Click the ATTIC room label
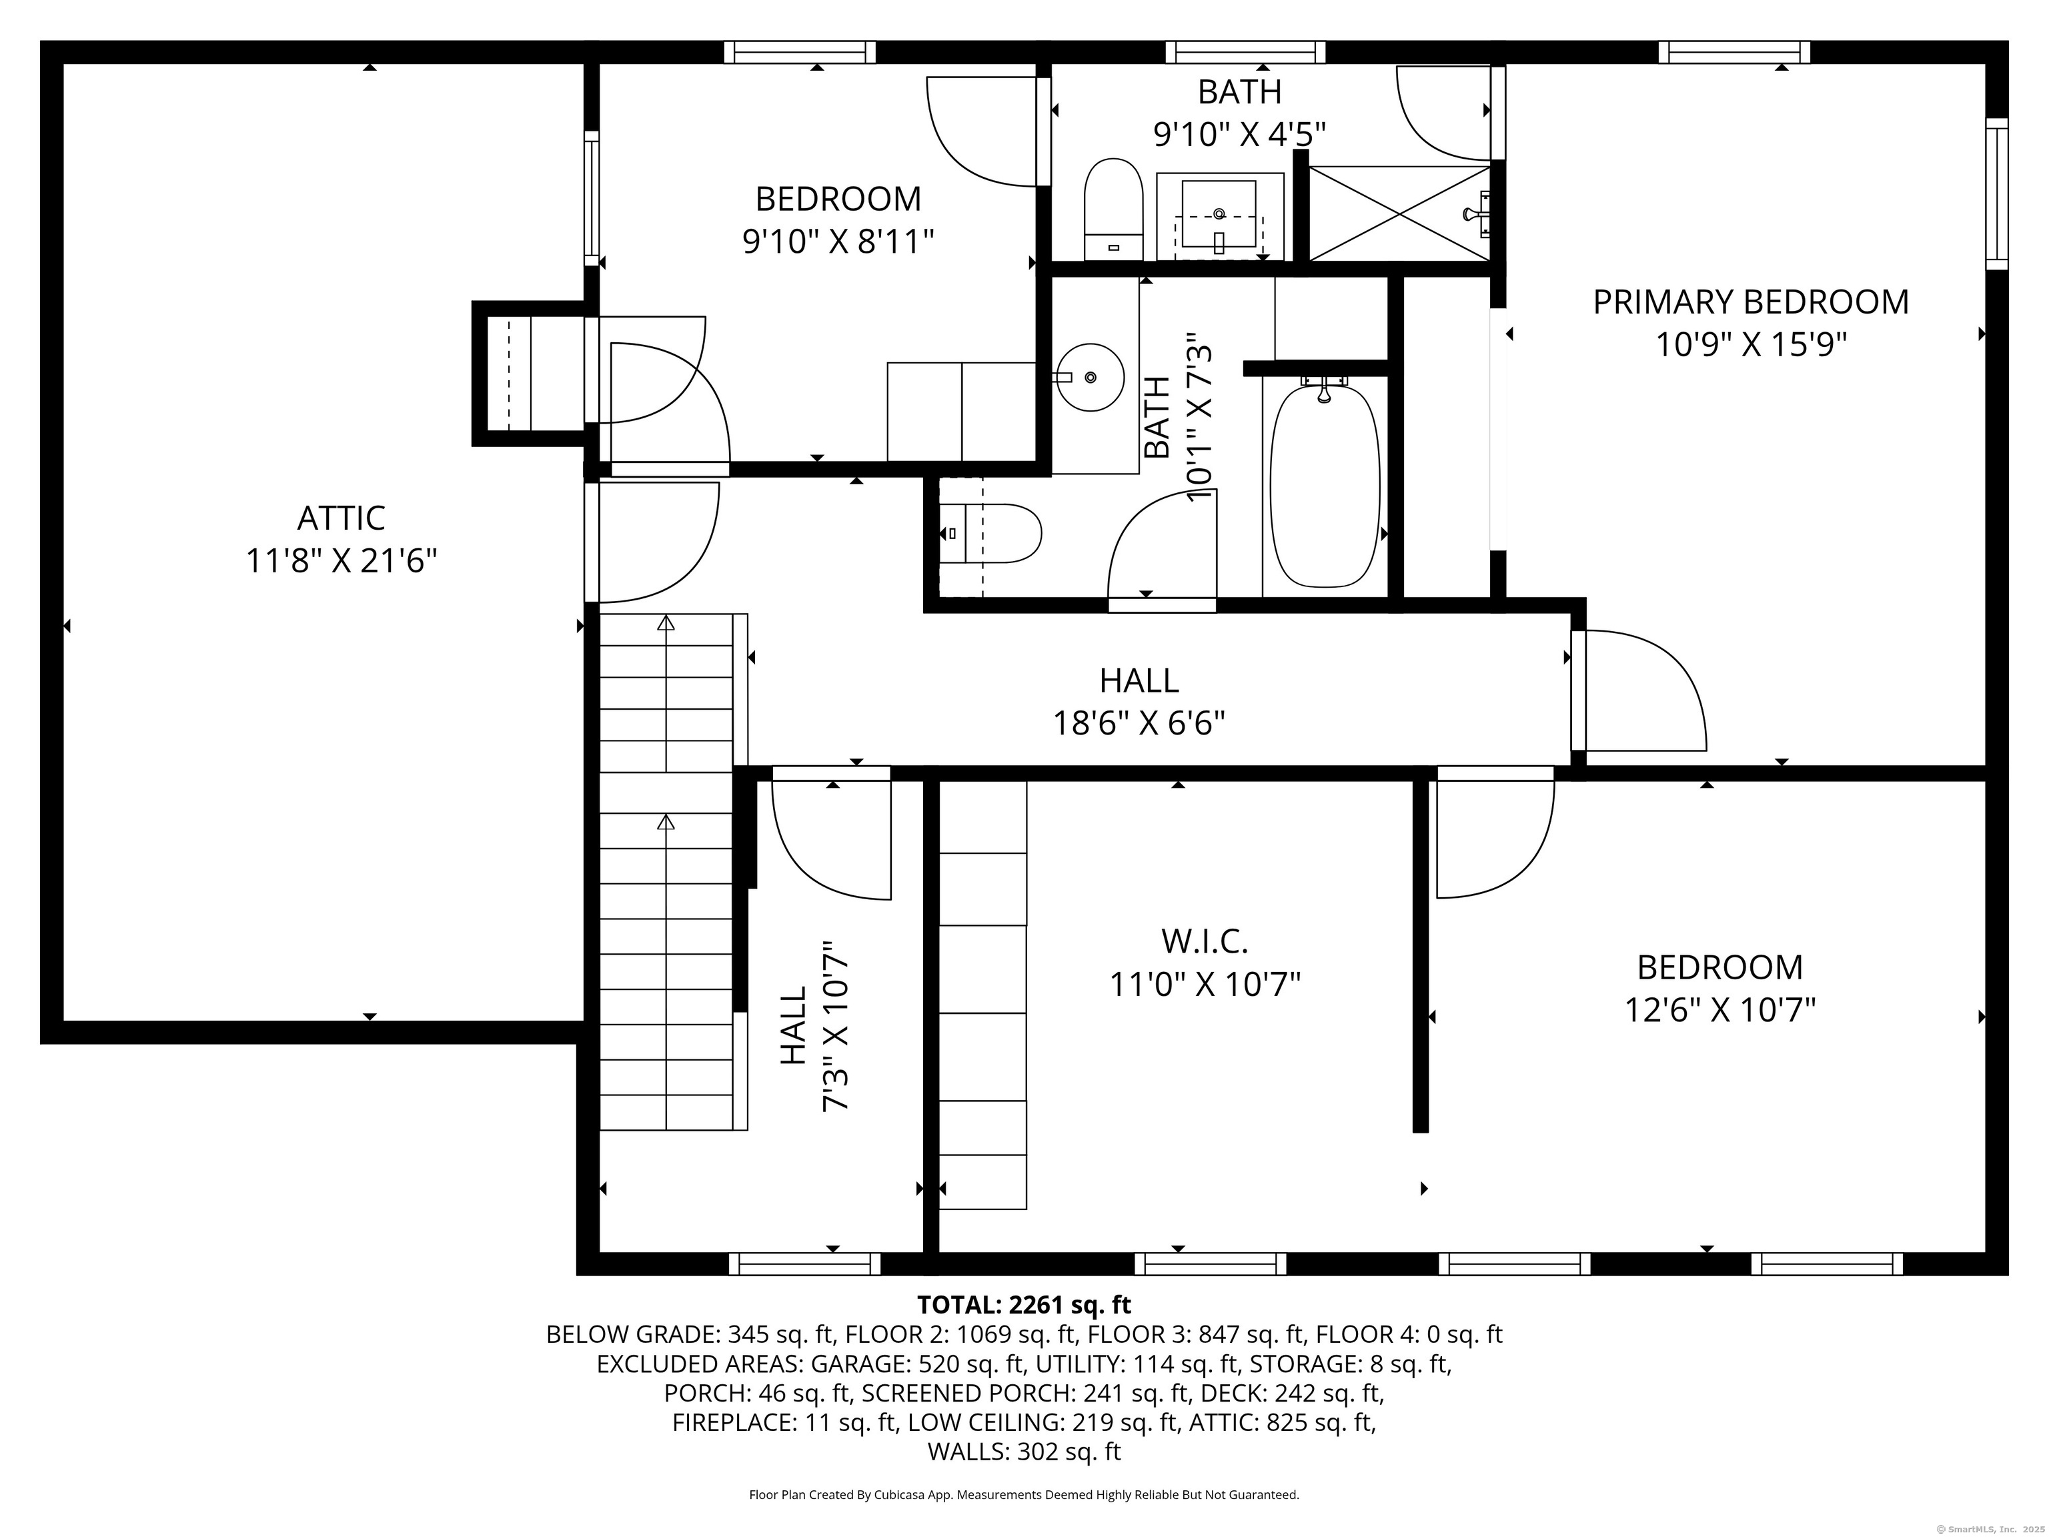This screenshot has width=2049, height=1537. pos(341,518)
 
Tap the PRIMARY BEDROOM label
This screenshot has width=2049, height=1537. pos(1751,302)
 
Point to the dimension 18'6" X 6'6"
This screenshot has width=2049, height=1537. pos(1139,722)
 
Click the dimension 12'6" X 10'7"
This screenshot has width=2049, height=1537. pos(1720,1010)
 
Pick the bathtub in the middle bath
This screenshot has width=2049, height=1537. pos(1325,486)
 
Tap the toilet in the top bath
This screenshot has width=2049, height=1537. pos(1113,210)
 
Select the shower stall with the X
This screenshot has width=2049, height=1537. pos(1399,213)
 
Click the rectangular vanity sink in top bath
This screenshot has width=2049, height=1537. pos(1219,217)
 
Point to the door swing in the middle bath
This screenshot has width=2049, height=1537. pos(1163,546)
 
